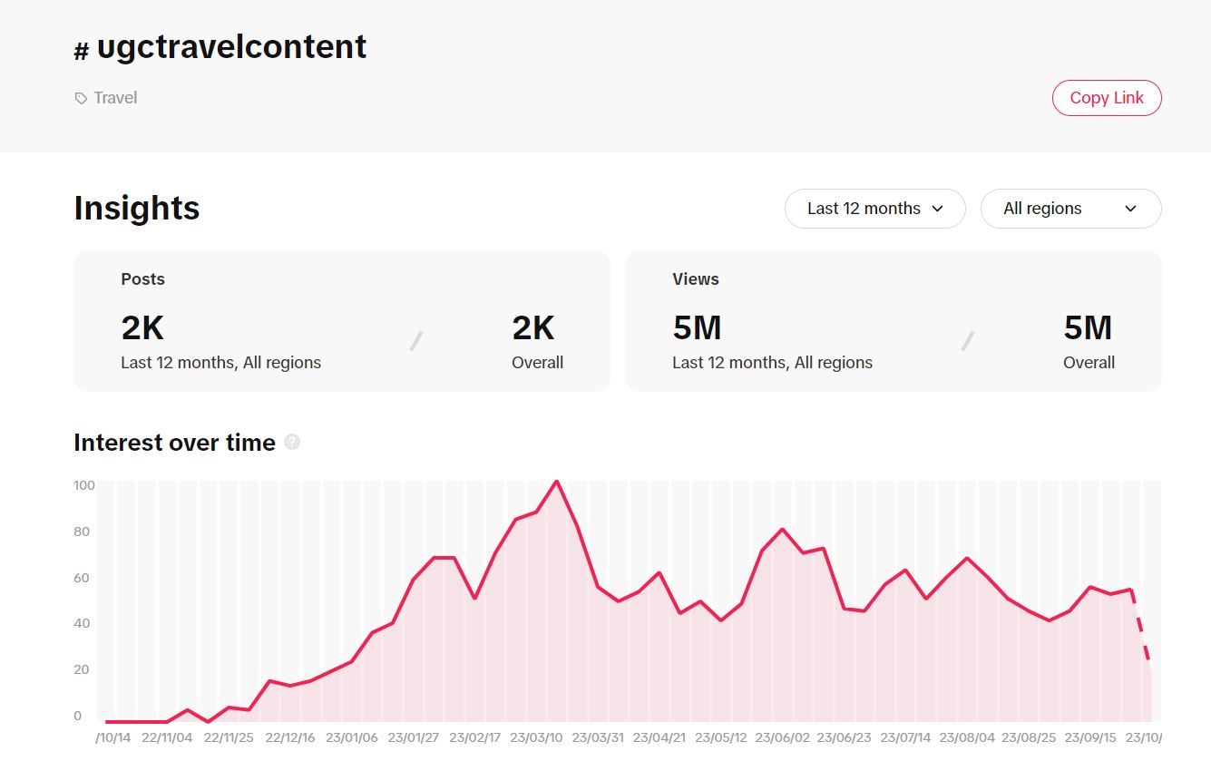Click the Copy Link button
click(x=1106, y=98)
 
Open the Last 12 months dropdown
click(x=874, y=209)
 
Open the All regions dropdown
click(x=1070, y=209)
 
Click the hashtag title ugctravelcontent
click(x=230, y=47)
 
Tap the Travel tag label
click(x=115, y=98)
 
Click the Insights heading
click(x=137, y=209)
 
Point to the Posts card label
click(x=143, y=279)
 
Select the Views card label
click(x=696, y=279)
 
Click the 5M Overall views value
click(x=1088, y=328)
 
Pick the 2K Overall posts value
click(x=532, y=328)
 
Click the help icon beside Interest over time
click(x=292, y=443)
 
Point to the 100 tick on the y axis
click(x=83, y=485)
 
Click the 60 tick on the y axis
click(x=82, y=578)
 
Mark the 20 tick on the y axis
click(x=82, y=669)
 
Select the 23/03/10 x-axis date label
click(x=535, y=737)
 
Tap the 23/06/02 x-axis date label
click(x=782, y=737)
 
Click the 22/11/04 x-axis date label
click(x=166, y=737)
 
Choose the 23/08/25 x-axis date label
click(x=1029, y=737)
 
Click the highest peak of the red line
click(x=556, y=482)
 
